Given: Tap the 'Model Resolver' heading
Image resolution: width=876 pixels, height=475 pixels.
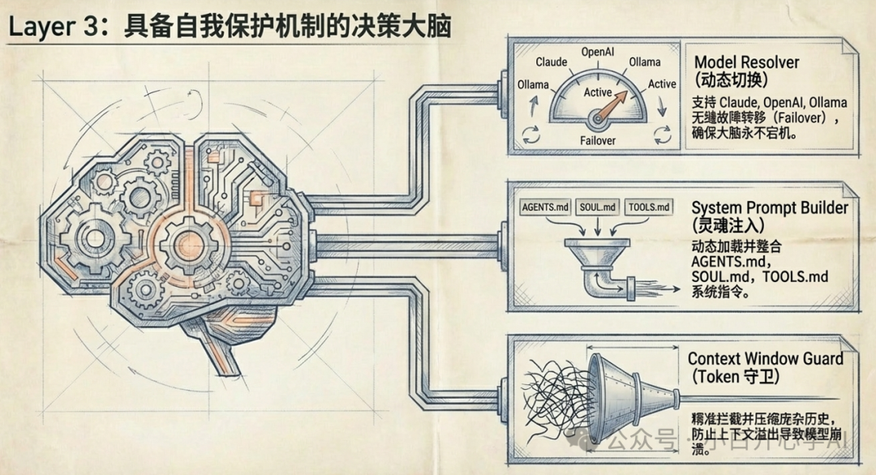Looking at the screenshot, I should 746,63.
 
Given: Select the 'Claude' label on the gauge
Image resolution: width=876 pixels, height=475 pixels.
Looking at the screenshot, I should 552,62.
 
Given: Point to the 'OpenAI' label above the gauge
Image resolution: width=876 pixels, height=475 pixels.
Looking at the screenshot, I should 599,52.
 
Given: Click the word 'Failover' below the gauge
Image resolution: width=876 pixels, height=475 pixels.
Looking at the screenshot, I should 598,140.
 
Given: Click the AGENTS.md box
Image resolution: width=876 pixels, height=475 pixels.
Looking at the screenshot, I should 546,207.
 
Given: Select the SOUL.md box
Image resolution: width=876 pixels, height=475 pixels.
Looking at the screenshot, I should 599,207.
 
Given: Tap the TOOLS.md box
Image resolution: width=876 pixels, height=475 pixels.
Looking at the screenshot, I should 650,207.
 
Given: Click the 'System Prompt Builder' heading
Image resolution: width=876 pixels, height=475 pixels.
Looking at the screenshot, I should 770,208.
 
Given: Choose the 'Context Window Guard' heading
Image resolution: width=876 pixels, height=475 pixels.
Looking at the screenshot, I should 765,358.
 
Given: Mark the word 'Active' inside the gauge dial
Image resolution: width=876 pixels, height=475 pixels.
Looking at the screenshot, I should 598,93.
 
